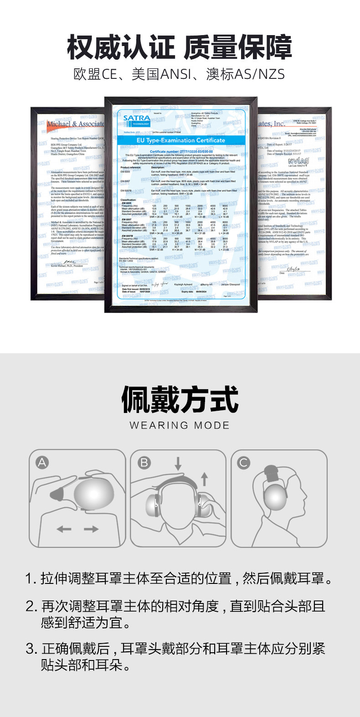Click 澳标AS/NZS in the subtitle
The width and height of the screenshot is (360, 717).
pos(246,74)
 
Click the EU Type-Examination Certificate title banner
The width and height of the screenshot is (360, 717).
pos(181,140)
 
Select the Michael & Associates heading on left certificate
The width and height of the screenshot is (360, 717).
pos(76,124)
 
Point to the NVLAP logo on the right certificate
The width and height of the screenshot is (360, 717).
pos(298,161)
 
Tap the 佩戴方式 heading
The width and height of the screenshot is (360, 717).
pos(180,400)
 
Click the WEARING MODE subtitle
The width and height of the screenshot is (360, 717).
pos(180,425)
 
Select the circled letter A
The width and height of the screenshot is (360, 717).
pos(42,463)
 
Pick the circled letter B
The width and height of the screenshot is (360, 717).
pos(144,463)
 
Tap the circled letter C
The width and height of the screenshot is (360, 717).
pos(244,463)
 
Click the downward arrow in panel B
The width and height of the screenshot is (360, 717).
pos(178,464)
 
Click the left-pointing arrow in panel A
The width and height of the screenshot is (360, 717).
pos(64,529)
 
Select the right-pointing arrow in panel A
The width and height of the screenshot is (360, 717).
pos(91,529)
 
